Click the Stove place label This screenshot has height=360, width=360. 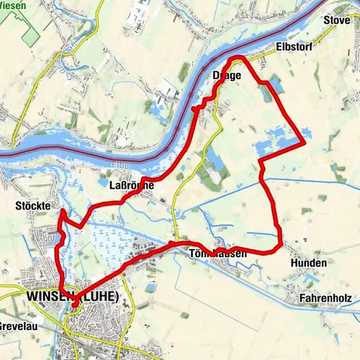(x=337, y=20)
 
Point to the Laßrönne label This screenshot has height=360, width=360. (x=132, y=184)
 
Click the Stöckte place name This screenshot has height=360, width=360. (x=53, y=204)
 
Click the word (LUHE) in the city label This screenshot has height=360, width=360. (x=100, y=296)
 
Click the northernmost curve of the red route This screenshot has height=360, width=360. (x=238, y=58)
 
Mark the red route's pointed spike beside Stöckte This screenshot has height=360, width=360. (x=61, y=212)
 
